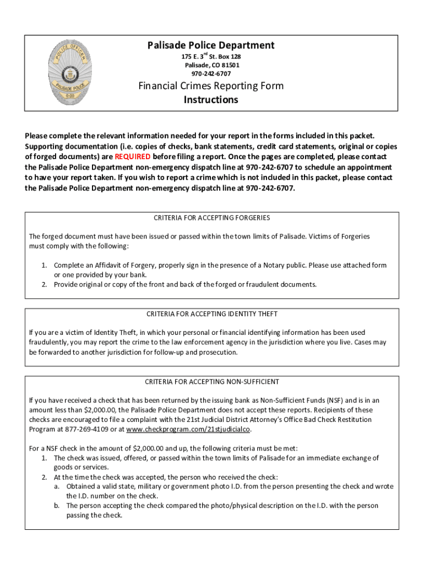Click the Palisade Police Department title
tap(211, 45)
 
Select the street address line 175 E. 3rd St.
tap(211, 57)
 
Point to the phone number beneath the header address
tap(211, 73)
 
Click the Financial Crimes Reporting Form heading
tap(211, 86)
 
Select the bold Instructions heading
tap(211, 100)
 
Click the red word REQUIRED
tap(132, 156)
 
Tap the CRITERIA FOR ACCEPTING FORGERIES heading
tap(211, 218)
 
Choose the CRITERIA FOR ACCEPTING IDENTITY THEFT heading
tap(211, 314)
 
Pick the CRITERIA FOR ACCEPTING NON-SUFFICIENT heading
tap(211, 382)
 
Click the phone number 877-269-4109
tap(91, 430)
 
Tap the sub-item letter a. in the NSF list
tap(57, 486)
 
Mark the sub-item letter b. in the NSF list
tap(57, 505)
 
